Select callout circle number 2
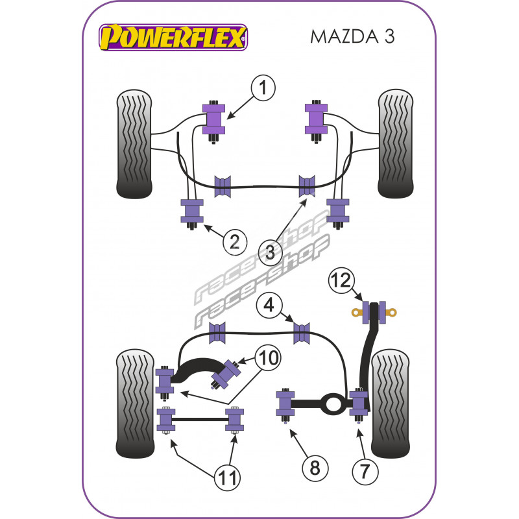click(x=234, y=242)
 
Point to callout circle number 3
click(x=271, y=251)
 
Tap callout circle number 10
click(x=268, y=356)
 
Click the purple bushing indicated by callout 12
click(x=374, y=311)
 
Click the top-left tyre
click(x=134, y=143)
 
